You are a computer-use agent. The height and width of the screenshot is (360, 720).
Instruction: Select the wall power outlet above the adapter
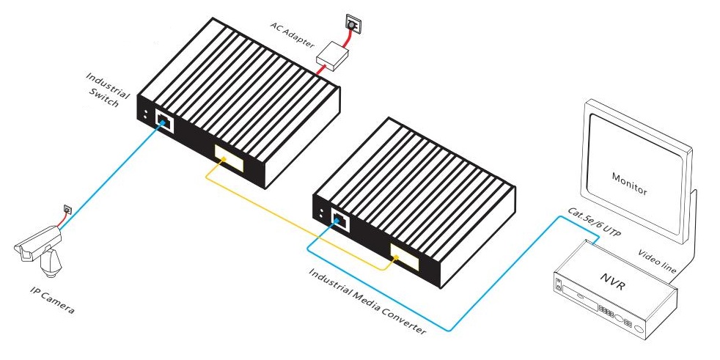(x=353, y=26)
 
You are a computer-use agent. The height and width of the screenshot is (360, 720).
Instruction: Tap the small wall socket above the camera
(x=67, y=210)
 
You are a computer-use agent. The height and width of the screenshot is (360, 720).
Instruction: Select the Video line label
(x=657, y=260)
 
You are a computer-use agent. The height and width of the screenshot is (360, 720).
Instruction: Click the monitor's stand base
(x=686, y=242)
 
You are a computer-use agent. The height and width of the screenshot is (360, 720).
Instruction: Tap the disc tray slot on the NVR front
(x=578, y=298)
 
